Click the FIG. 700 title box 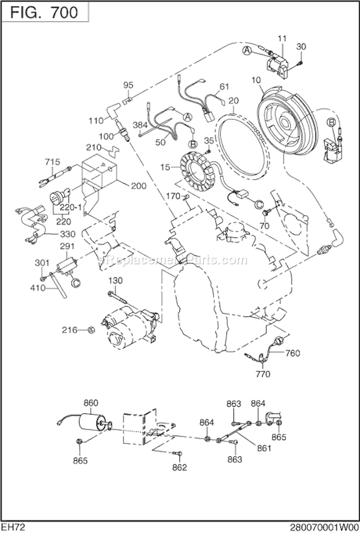point(46,12)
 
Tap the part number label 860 point(91,402)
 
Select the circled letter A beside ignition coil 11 point(247,51)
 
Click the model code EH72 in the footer point(13,527)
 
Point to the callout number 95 point(128,85)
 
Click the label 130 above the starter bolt point(115,280)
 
